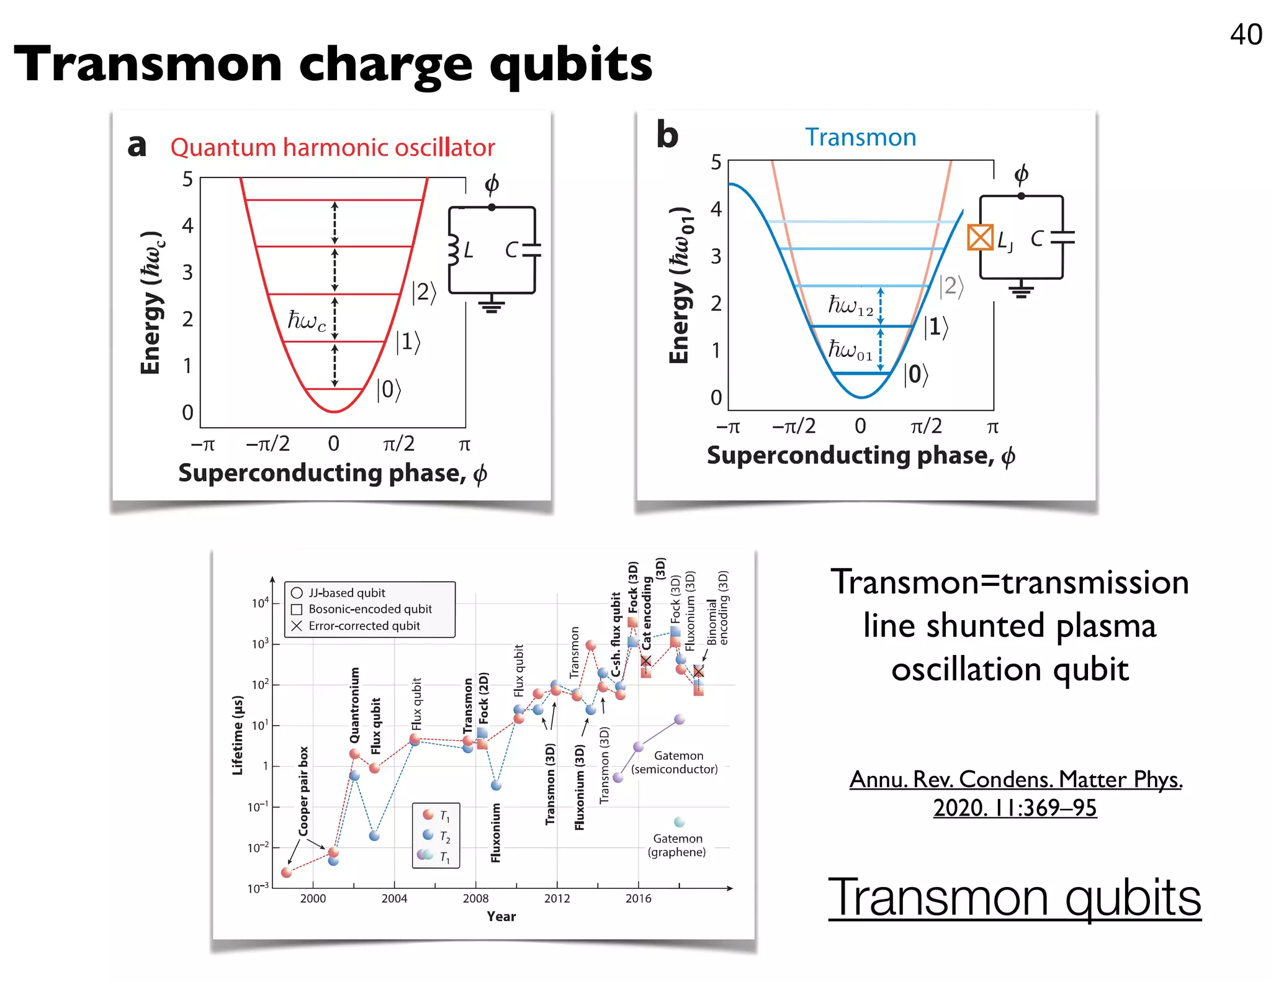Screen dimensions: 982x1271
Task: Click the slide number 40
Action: click(1246, 35)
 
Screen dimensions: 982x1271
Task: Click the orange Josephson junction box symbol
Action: click(980, 238)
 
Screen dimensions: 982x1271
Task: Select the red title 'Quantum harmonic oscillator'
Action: click(333, 148)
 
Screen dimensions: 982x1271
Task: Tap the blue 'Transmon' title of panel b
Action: click(860, 137)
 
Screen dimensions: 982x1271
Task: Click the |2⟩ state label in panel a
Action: click(424, 292)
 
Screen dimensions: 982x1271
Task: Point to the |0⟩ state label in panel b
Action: click(915, 374)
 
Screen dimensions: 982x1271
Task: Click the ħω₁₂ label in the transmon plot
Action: click(851, 305)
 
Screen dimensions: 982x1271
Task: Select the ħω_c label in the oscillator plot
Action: click(307, 320)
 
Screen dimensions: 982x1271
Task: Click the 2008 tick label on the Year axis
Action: click(475, 898)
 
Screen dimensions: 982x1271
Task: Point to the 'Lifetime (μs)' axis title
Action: click(238, 735)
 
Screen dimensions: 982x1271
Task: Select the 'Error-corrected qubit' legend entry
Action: click(364, 626)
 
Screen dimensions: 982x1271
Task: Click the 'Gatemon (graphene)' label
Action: click(677, 845)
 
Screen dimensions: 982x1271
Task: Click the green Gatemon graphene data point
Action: click(679, 822)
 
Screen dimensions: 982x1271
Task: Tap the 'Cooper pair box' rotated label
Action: click(303, 791)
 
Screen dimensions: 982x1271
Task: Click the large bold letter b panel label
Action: click(667, 135)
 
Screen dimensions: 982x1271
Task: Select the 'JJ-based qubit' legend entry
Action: click(346, 593)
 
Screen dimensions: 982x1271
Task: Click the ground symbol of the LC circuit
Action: click(492, 305)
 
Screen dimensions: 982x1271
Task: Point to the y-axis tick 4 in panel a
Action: click(187, 225)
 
